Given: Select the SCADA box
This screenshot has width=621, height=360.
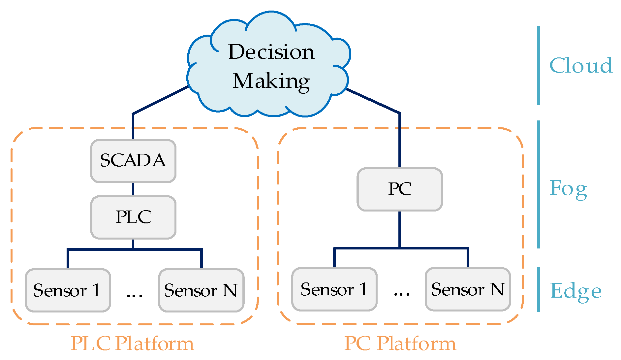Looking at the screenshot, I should (133, 161).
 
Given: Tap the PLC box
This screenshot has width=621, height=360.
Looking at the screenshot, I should (133, 217).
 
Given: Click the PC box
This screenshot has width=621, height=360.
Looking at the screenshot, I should (400, 189).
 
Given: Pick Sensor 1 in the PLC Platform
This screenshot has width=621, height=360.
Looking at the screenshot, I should (68, 290).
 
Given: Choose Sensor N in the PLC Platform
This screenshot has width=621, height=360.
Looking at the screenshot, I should (201, 290).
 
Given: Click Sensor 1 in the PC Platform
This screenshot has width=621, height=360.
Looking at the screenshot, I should (334, 289).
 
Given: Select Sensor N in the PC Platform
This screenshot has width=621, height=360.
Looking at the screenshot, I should (468, 289).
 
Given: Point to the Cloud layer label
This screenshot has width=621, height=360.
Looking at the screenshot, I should (581, 65).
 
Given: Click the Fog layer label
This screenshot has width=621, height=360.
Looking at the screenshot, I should (568, 189).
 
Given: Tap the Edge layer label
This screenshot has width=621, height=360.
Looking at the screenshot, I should (575, 291).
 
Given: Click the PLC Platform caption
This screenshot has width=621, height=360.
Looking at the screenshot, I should (132, 344).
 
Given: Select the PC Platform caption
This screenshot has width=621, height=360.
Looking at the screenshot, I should (400, 344).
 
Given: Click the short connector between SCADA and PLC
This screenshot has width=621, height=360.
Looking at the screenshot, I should (133, 189).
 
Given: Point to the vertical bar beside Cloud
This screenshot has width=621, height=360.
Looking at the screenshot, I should (539, 65).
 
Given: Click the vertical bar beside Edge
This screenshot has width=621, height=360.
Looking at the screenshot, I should (539, 289).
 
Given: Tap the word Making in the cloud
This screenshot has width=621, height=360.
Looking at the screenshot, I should (271, 81).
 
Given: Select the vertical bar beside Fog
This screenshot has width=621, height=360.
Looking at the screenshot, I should (539, 184).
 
